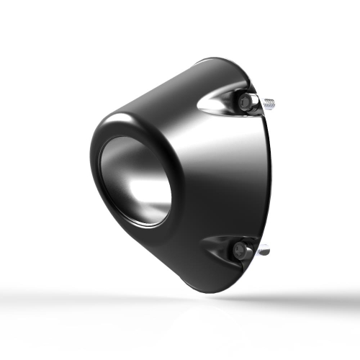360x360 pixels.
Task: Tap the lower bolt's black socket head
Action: (240, 250)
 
